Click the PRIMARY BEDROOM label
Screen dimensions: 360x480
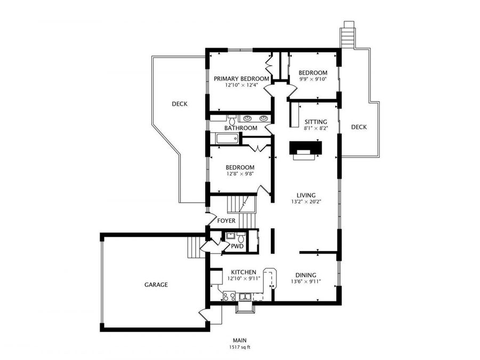point(241,78)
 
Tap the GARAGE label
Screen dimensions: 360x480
point(156,285)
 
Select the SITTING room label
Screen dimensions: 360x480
point(312,122)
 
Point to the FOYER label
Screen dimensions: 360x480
point(226,221)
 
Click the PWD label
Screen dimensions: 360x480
point(237,246)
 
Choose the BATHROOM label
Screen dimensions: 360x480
point(241,128)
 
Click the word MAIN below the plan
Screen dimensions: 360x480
point(239,340)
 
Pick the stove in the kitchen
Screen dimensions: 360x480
point(229,295)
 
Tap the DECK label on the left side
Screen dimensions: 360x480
point(180,104)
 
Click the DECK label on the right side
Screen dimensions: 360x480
point(359,127)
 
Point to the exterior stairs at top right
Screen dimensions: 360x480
point(348,35)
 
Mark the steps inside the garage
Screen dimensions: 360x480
point(195,247)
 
